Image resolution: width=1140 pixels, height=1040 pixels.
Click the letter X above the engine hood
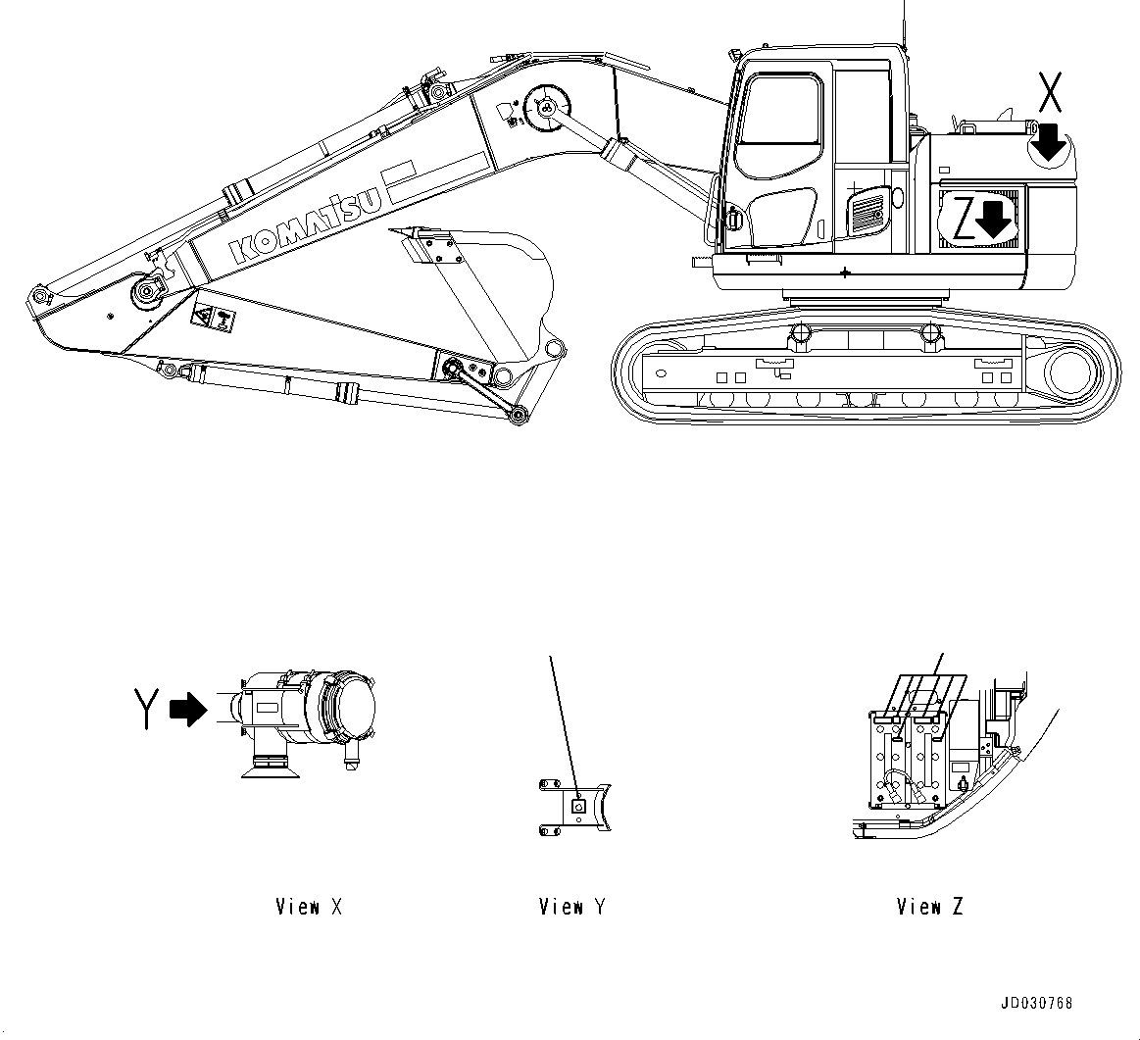[1049, 93]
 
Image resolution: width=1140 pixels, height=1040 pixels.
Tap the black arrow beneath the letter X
[1049, 141]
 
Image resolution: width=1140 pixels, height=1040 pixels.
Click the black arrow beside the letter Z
[995, 220]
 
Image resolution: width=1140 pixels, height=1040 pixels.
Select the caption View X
[309, 907]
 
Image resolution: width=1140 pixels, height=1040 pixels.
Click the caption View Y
[572, 907]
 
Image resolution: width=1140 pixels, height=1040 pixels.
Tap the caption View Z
[929, 907]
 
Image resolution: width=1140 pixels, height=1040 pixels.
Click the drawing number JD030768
[1036, 1003]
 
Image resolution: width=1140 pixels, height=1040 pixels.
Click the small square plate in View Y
[578, 806]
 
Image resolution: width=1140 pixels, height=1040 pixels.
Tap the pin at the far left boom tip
[39, 295]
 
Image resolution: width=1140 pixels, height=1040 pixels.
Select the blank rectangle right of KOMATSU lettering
[400, 181]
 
